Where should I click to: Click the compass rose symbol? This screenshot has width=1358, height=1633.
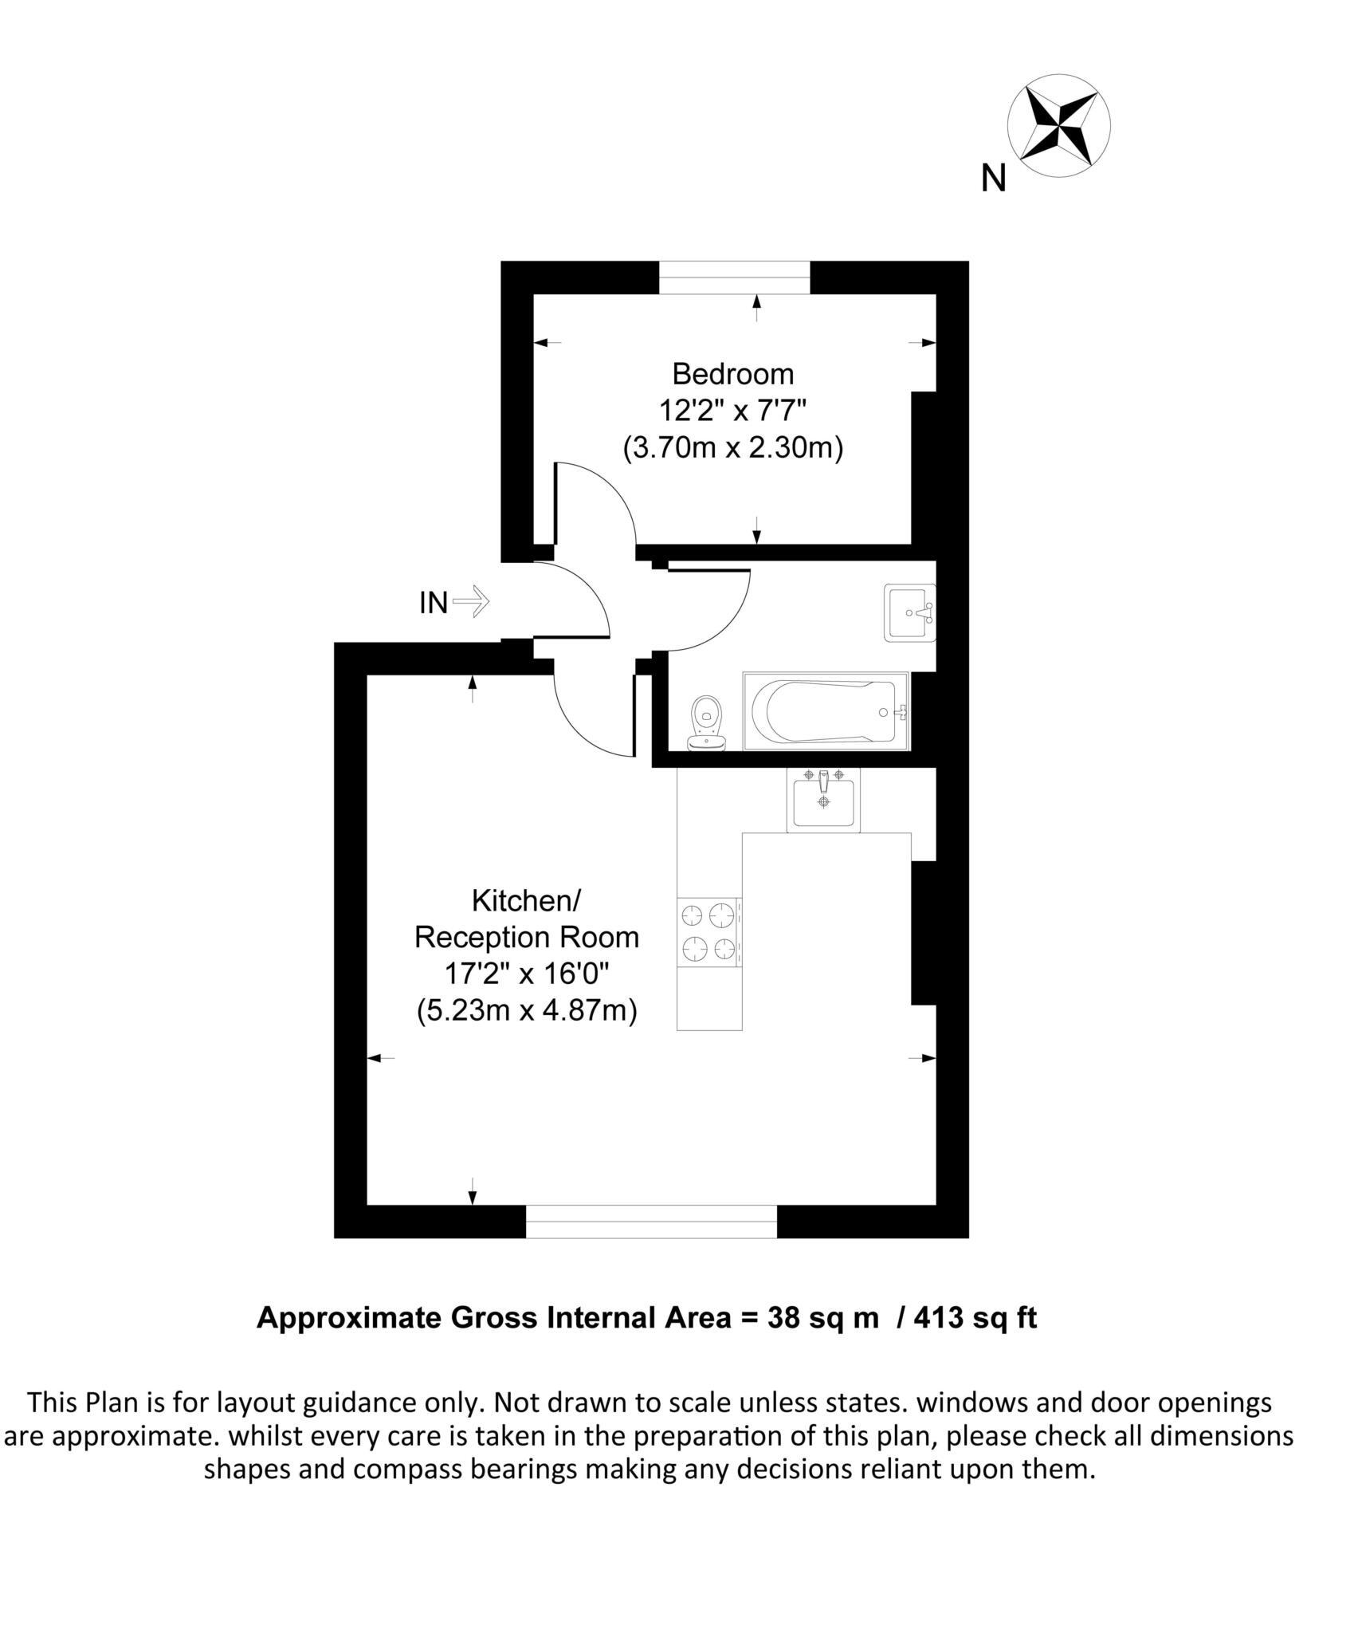[x=1058, y=125]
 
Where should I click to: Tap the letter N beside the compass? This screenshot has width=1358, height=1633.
[x=993, y=179]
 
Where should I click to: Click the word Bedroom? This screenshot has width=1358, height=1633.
[x=732, y=374]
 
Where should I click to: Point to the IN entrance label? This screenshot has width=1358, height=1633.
[x=434, y=603]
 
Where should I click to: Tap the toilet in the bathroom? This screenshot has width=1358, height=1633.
[x=707, y=722]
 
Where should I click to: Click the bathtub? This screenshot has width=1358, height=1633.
[x=825, y=711]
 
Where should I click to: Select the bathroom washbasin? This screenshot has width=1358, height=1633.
[x=909, y=613]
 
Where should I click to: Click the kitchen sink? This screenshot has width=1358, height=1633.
[x=823, y=801]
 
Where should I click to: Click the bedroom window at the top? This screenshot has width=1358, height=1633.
[x=734, y=277]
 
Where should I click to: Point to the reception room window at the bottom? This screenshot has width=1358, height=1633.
[x=651, y=1221]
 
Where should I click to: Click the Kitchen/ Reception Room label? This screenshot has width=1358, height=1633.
[x=527, y=919]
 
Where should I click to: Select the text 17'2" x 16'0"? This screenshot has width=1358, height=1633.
[x=527, y=974]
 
